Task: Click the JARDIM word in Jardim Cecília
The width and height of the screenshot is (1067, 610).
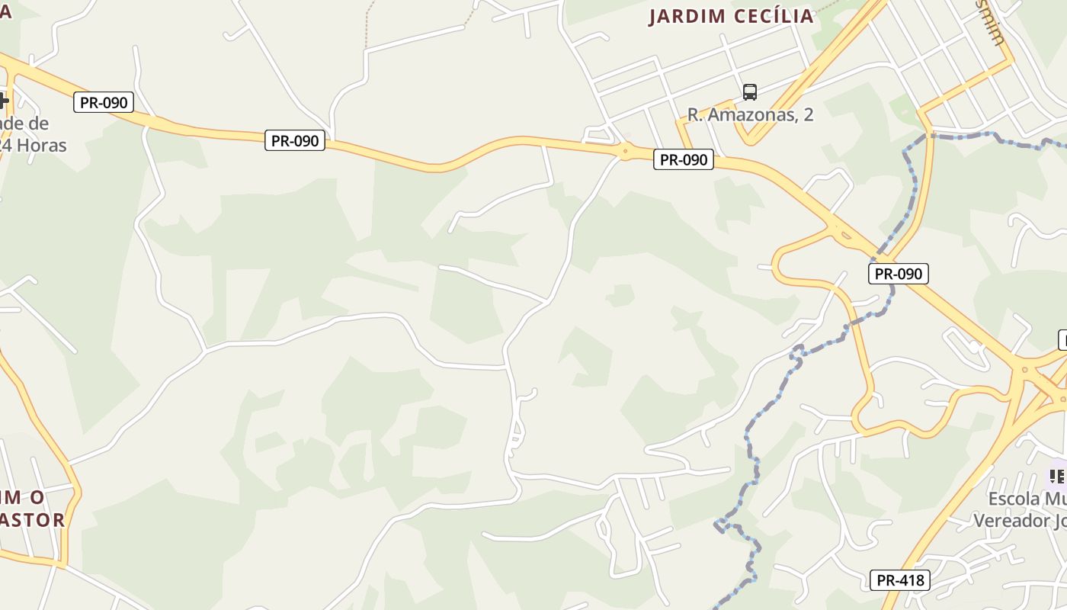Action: (x=687, y=17)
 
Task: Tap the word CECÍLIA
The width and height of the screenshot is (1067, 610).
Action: (x=774, y=17)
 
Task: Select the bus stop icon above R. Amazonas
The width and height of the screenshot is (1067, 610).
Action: (x=750, y=92)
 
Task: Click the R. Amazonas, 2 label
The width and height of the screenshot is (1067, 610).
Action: (x=750, y=115)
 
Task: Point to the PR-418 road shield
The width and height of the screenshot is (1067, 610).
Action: (x=899, y=580)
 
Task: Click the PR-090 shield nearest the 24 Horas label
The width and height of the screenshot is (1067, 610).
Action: (x=104, y=102)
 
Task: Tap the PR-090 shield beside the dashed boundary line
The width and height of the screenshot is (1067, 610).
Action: (x=898, y=274)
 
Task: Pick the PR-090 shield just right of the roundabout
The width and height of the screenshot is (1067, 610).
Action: (x=683, y=160)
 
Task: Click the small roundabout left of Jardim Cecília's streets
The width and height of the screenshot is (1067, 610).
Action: (x=625, y=151)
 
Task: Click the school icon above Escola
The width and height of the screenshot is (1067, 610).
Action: (x=1057, y=477)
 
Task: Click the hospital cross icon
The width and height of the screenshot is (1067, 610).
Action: (x=3, y=100)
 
